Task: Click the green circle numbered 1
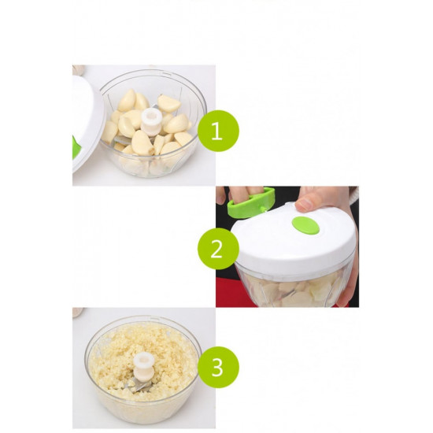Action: [x=218, y=131]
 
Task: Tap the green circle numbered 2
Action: [x=218, y=249]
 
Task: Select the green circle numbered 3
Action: [x=218, y=368]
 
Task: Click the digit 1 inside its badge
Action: [x=217, y=131]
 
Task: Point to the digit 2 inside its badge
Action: [x=216, y=249]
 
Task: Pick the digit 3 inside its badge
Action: [x=217, y=368]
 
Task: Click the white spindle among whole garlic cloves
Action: [x=151, y=121]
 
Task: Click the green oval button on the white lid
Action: [x=305, y=225]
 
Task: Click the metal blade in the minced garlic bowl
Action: [x=141, y=385]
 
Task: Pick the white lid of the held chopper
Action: [x=294, y=238]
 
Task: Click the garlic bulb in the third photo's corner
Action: [x=78, y=313]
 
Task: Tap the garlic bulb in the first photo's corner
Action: [x=78, y=69]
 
